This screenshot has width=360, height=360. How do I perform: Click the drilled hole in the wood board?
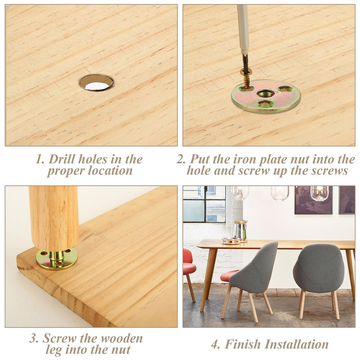pyautogui.click(x=96, y=82)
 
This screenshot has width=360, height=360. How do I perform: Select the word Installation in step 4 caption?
pyautogui.click(x=296, y=344)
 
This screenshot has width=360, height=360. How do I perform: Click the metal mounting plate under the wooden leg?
pyautogui.click(x=56, y=259)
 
